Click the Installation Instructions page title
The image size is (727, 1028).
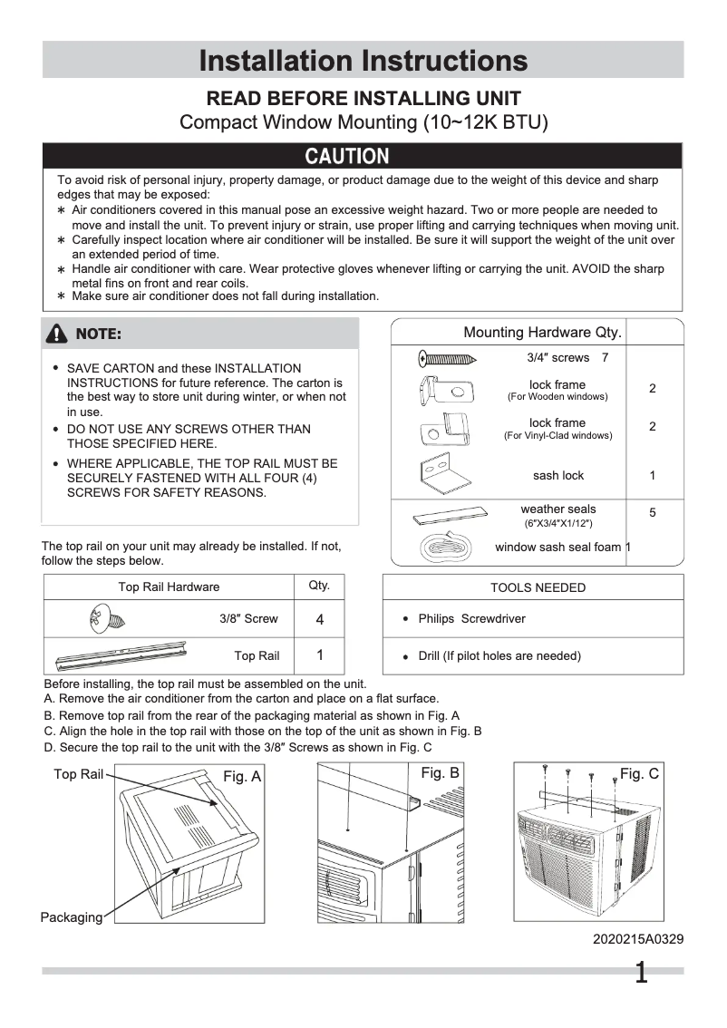click(x=363, y=61)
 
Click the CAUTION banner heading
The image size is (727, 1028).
click(x=347, y=157)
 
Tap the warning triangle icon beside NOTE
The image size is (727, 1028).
click(x=59, y=335)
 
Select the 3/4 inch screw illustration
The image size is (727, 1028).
click(x=448, y=358)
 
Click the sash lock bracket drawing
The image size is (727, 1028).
click(x=444, y=473)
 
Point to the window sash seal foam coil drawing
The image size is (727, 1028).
click(x=443, y=548)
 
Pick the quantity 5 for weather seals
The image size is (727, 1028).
click(x=652, y=513)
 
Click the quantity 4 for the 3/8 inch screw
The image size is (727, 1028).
click(x=319, y=620)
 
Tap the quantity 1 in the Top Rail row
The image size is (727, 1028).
click(x=319, y=655)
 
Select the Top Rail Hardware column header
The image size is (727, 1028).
click(x=169, y=587)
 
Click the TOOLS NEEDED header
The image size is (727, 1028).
click(x=538, y=587)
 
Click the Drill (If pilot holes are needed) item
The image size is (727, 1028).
click(x=499, y=655)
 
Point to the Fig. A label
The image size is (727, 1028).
click(x=242, y=777)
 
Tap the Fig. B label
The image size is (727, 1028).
click(x=441, y=772)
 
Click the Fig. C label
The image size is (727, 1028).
click(x=639, y=773)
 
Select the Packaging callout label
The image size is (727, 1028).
click(x=72, y=917)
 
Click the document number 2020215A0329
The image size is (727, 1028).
click(x=638, y=939)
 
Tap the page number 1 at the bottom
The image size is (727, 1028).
click(x=641, y=974)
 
